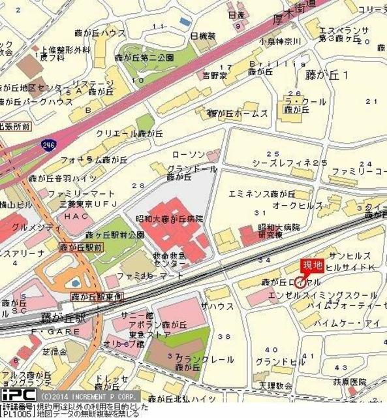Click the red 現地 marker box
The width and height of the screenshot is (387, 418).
311,266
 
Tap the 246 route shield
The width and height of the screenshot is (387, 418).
48,144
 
